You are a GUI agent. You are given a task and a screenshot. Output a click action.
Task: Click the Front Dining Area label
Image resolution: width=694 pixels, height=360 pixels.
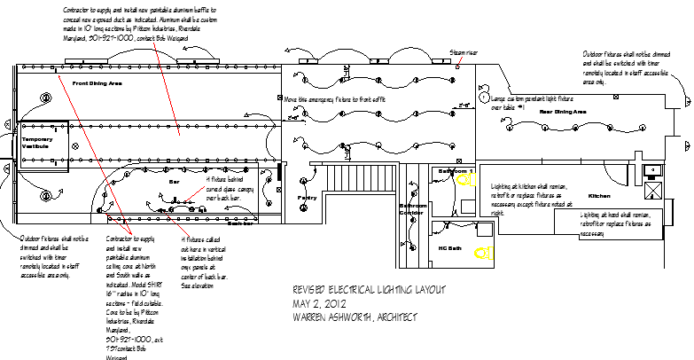point(97,82)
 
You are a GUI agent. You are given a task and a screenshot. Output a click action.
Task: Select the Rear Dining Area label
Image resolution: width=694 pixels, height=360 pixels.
point(563,113)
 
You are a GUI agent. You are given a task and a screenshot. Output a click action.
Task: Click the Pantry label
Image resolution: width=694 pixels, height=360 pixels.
point(307,198)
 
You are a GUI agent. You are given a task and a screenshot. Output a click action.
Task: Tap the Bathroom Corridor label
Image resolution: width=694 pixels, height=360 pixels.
point(412,209)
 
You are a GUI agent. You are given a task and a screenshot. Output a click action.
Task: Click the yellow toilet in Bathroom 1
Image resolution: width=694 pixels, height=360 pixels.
point(463,181)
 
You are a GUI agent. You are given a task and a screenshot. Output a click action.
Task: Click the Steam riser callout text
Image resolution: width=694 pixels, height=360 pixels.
point(464,53)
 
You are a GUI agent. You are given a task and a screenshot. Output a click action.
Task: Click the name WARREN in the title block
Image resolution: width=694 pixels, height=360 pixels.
point(314,317)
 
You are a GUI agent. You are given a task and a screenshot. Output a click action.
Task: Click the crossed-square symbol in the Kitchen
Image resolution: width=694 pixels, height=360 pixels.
point(655,190)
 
